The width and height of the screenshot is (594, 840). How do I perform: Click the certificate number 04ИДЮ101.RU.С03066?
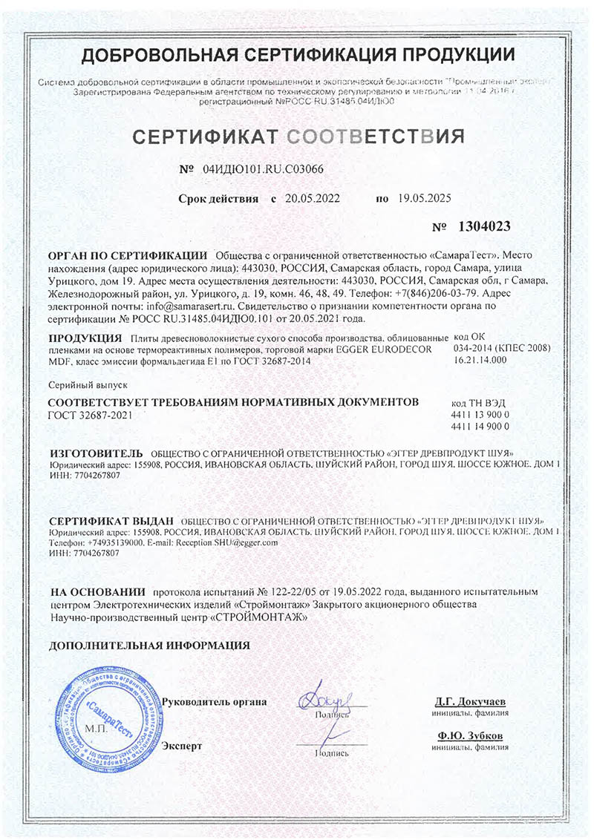[x=263, y=168]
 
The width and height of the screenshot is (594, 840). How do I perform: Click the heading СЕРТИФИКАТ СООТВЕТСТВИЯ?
[x=298, y=137]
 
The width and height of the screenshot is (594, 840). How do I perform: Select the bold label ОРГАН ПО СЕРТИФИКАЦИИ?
[x=126, y=255]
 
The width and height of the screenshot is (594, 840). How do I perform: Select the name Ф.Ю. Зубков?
[x=470, y=735]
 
